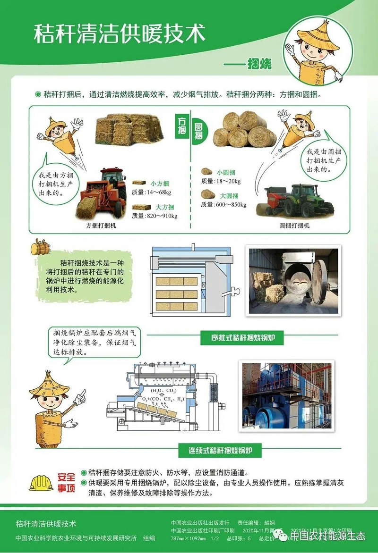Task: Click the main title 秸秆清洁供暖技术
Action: (119, 34)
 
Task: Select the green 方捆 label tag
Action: (181, 125)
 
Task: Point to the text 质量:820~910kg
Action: (154, 216)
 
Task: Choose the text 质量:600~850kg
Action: (223, 204)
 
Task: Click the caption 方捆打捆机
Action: (101, 226)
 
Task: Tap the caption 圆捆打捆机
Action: (294, 226)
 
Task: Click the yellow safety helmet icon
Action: (41, 482)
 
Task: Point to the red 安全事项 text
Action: (66, 482)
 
